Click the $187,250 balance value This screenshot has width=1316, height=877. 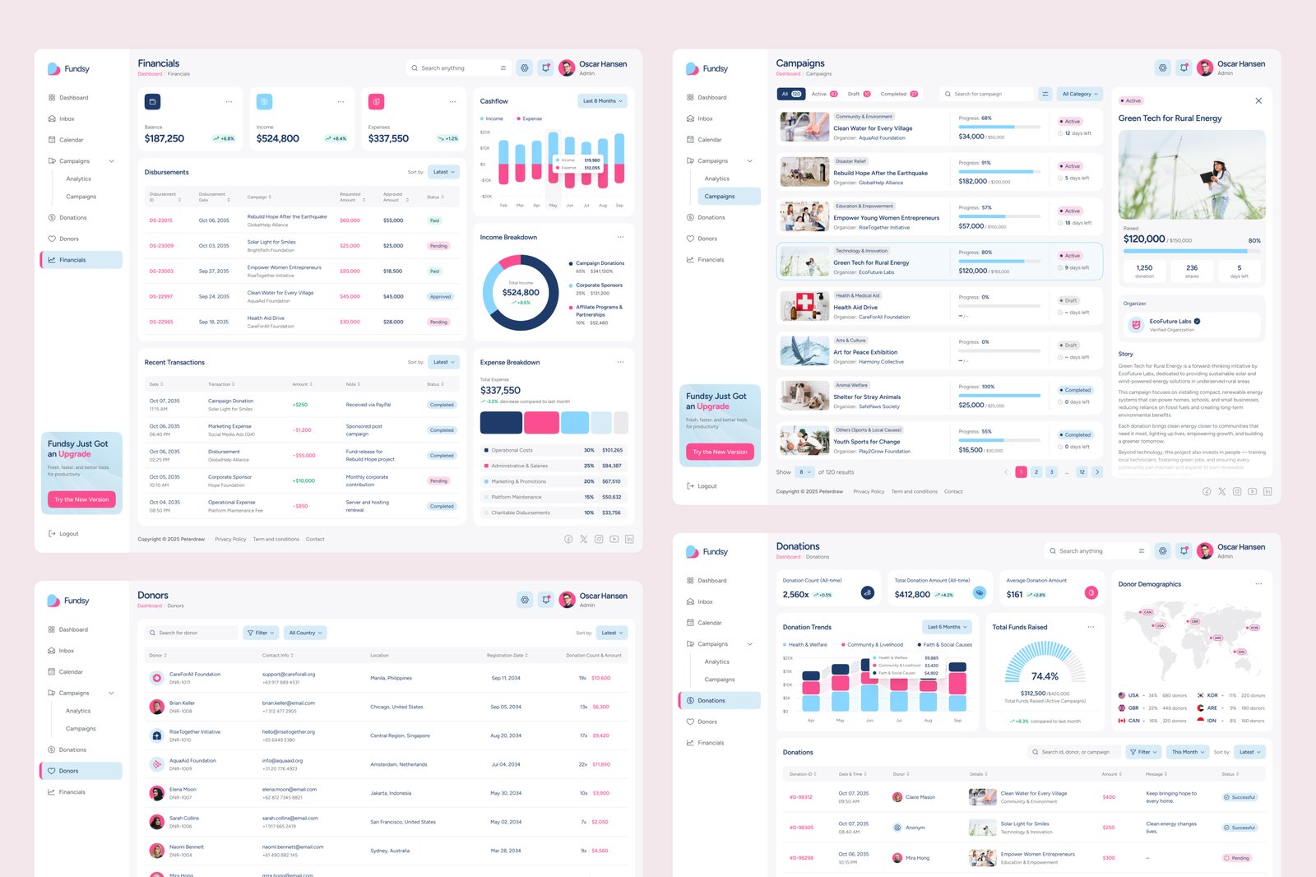point(164,138)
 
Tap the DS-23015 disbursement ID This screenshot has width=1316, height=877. point(160,220)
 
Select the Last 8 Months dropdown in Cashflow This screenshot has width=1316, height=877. point(603,101)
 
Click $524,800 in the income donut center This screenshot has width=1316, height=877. point(521,292)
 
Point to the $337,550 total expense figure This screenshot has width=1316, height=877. point(500,391)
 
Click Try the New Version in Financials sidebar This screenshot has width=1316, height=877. point(81,499)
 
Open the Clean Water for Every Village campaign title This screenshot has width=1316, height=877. point(873,128)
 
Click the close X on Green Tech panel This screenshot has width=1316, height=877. point(1258,100)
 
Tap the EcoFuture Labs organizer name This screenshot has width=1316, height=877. point(1170,322)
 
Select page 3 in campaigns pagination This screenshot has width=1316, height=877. point(1051,472)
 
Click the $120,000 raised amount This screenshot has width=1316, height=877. point(1144,239)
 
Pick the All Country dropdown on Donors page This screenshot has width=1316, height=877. point(305,633)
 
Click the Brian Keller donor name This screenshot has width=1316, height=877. point(182,703)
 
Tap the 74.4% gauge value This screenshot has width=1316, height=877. point(1045,676)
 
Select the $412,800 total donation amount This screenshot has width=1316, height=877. point(912,594)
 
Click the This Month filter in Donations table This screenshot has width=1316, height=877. point(1188,752)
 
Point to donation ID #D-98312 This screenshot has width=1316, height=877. point(800,797)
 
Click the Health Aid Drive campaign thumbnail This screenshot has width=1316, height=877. point(804,306)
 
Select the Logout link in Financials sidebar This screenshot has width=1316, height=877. point(68,534)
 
